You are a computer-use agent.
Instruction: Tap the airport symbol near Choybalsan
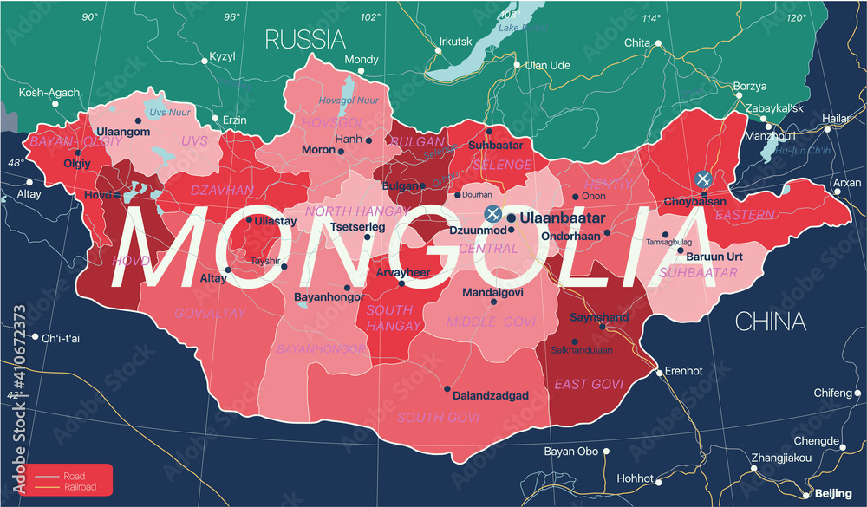704,179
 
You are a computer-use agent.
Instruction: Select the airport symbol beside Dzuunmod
492,213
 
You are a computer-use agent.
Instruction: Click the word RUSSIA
305,39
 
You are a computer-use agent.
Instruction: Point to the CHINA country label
771,322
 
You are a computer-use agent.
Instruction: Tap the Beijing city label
835,493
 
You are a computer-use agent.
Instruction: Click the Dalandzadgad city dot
447,388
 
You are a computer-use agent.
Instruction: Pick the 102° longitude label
370,17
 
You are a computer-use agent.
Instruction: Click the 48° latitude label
16,163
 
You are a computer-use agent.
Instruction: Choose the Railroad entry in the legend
78,487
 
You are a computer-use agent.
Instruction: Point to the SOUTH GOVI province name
439,418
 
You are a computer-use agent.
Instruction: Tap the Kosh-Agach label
49,93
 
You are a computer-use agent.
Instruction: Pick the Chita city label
637,42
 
